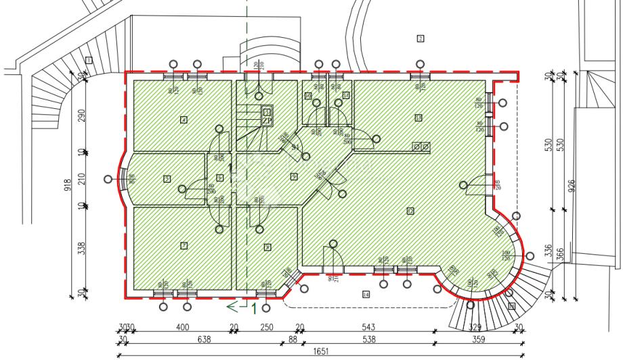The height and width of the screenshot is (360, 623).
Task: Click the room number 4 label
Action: [x=184, y=120]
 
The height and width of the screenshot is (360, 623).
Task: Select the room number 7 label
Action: [x=184, y=245]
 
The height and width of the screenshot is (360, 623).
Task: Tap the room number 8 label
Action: [x=267, y=248]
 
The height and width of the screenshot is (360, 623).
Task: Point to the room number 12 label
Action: [x=410, y=211]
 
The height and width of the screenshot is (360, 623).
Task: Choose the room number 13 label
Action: [x=418, y=118]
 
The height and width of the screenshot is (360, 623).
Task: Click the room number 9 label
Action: [x=293, y=177]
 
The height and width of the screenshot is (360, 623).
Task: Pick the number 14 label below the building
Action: [x=366, y=294]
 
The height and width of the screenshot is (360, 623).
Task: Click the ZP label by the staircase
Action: [x=267, y=121]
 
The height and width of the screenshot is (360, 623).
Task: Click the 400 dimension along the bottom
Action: [x=182, y=328]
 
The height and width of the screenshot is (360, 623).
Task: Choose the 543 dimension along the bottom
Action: [x=369, y=328]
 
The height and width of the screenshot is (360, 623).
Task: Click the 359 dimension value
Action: [x=478, y=340]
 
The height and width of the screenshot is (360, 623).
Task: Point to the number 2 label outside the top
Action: [x=420, y=38]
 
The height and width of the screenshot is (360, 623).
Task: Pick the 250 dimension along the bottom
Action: [x=267, y=328]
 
